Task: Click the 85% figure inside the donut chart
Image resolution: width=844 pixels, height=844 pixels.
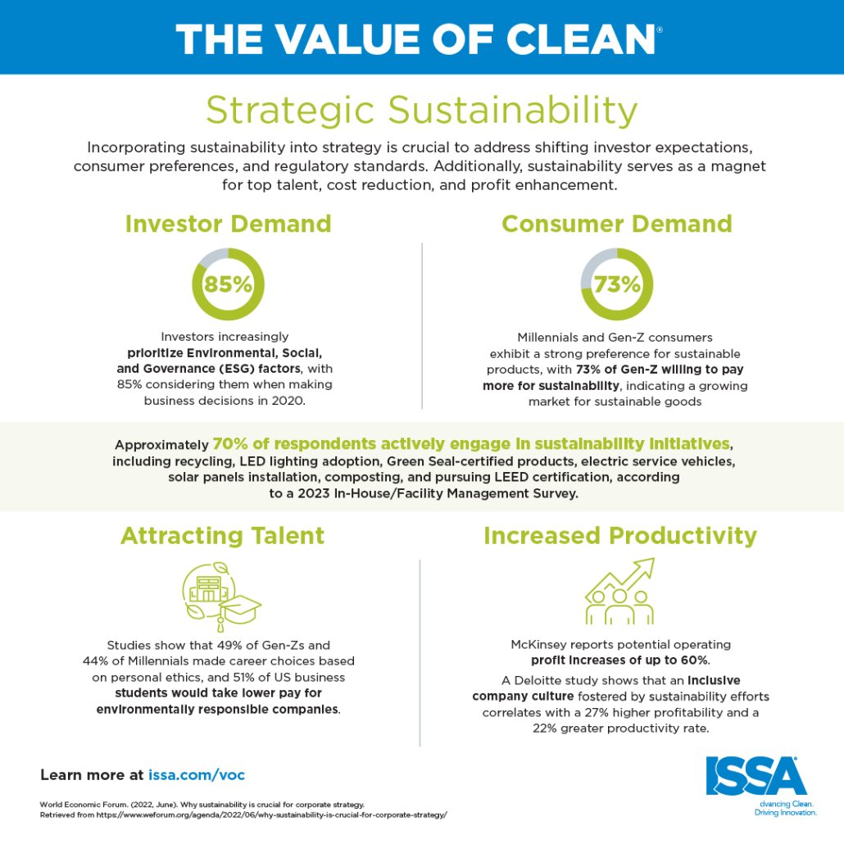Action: [x=228, y=284]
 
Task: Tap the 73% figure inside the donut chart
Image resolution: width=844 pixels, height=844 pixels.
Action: [x=617, y=284]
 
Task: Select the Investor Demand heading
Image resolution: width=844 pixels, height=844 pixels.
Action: [x=229, y=224]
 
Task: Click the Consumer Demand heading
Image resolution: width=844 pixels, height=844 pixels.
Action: [x=617, y=224]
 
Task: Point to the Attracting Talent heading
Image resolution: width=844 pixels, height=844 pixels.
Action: [x=222, y=536]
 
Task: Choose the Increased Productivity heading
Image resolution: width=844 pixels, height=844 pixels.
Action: [x=620, y=536]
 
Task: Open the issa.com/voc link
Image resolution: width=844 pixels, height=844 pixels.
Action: [x=197, y=775]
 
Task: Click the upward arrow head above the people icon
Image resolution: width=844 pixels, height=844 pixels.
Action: [x=646, y=567]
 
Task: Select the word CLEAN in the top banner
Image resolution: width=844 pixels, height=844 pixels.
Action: [x=580, y=39]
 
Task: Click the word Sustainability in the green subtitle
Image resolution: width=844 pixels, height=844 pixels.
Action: [x=512, y=111]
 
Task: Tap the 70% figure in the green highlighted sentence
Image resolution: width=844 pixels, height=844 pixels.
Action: [x=230, y=444]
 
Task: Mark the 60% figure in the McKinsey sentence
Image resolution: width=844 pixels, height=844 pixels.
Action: [x=694, y=660]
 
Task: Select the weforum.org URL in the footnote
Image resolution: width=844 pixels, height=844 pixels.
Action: [x=272, y=815]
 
